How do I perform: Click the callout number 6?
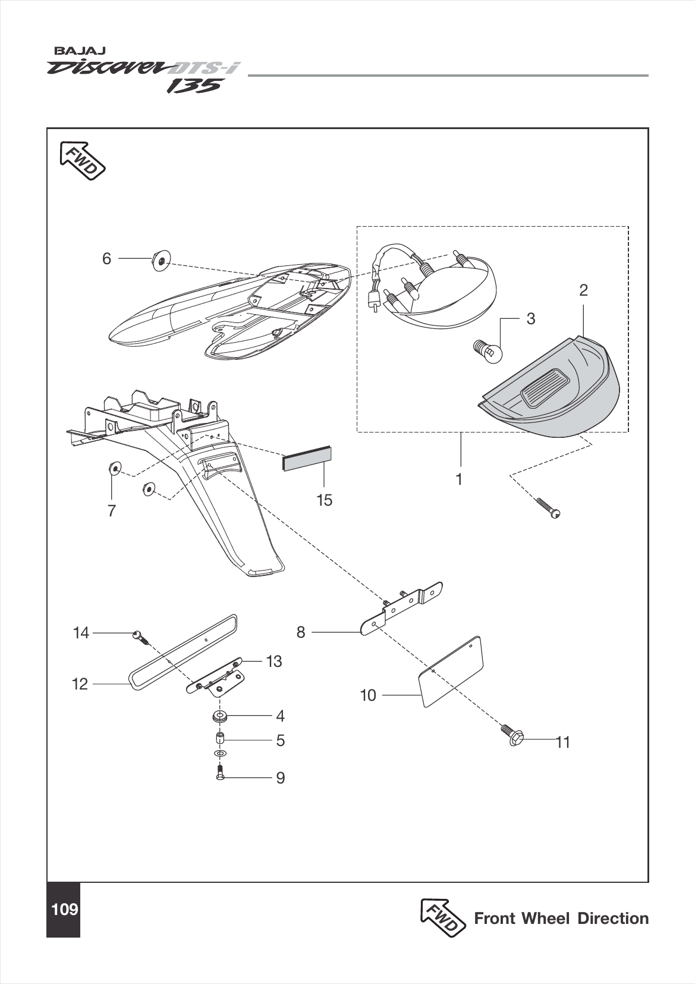(x=106, y=259)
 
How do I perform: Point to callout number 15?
(x=324, y=500)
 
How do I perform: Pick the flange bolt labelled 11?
(x=512, y=735)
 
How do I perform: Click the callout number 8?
(x=301, y=632)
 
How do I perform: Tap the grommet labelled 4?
(x=221, y=716)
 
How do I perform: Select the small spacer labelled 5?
(x=219, y=740)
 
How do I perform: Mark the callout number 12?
(x=80, y=684)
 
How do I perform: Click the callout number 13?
(x=273, y=662)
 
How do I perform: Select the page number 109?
(x=64, y=909)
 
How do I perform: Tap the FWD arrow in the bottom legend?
(x=442, y=917)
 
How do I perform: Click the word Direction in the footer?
(x=613, y=919)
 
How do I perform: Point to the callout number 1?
(x=459, y=479)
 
